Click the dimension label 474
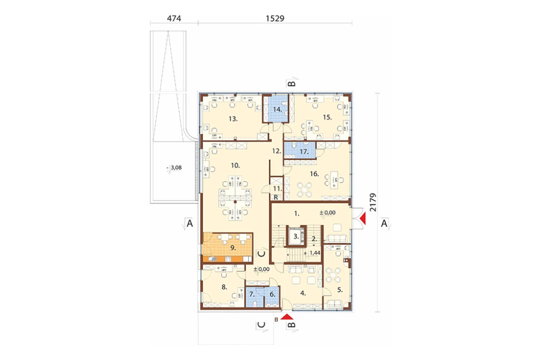174,18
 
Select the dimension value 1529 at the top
275,18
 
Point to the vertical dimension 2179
373,202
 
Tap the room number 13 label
233,119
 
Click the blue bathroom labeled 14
278,109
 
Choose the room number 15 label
327,117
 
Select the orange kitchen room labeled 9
228,248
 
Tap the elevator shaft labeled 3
296,236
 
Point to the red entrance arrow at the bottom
287,317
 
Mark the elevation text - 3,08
174,168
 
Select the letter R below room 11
276,198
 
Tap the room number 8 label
225,287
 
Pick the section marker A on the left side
189,223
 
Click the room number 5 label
340,290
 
